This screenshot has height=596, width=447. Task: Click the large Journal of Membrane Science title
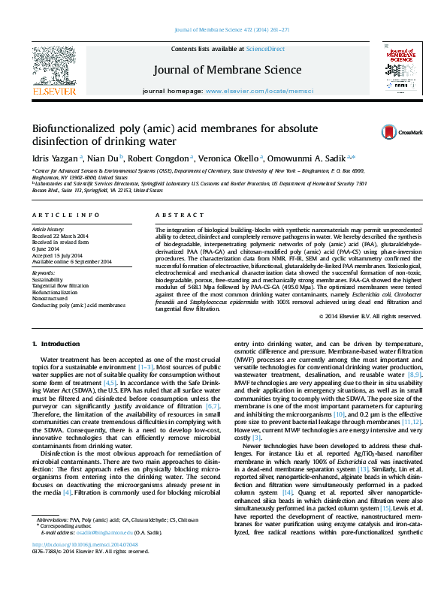227,70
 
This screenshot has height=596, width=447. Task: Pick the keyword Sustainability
48,278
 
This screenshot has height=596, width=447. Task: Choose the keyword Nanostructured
50,299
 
